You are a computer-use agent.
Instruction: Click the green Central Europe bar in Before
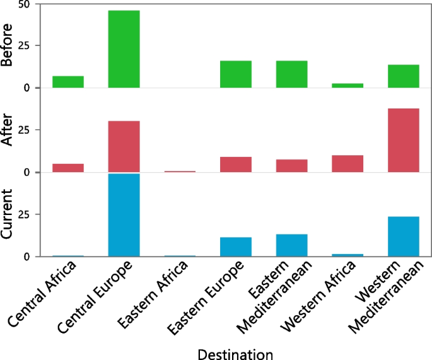[x=124, y=49]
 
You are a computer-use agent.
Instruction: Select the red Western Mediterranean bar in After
[x=404, y=140]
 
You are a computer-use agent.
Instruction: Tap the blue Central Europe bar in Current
[x=124, y=215]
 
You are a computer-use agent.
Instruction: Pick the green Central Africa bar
[x=68, y=82]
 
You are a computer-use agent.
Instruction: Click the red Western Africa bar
[x=347, y=164]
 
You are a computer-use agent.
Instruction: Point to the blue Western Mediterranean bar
[x=404, y=236]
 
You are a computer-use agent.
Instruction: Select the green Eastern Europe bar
[x=236, y=74]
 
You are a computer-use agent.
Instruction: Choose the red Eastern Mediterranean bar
[x=291, y=166]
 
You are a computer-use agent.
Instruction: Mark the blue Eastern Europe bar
[x=236, y=247]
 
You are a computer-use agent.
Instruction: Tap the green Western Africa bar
[x=347, y=85]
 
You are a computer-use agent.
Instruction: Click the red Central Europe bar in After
[x=124, y=146]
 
